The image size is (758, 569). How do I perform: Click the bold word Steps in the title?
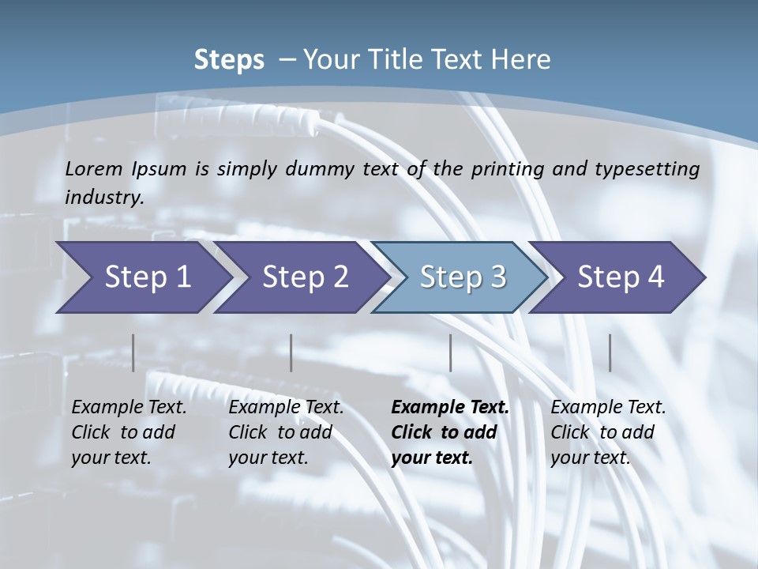pyautogui.click(x=229, y=60)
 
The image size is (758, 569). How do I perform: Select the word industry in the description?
pyautogui.click(x=103, y=198)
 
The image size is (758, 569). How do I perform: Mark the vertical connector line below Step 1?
pyautogui.click(x=133, y=352)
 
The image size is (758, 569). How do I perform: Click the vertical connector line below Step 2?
pyautogui.click(x=291, y=352)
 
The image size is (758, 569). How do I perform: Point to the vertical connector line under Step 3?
pyautogui.click(x=450, y=352)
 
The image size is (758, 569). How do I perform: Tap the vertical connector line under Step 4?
pyautogui.click(x=610, y=352)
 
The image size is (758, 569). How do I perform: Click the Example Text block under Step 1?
pyautogui.click(x=129, y=432)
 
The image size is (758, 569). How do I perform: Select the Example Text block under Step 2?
pyautogui.click(x=286, y=432)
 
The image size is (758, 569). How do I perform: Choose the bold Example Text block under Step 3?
pyautogui.click(x=450, y=432)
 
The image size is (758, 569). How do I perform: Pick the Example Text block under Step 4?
pyautogui.click(x=608, y=432)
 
